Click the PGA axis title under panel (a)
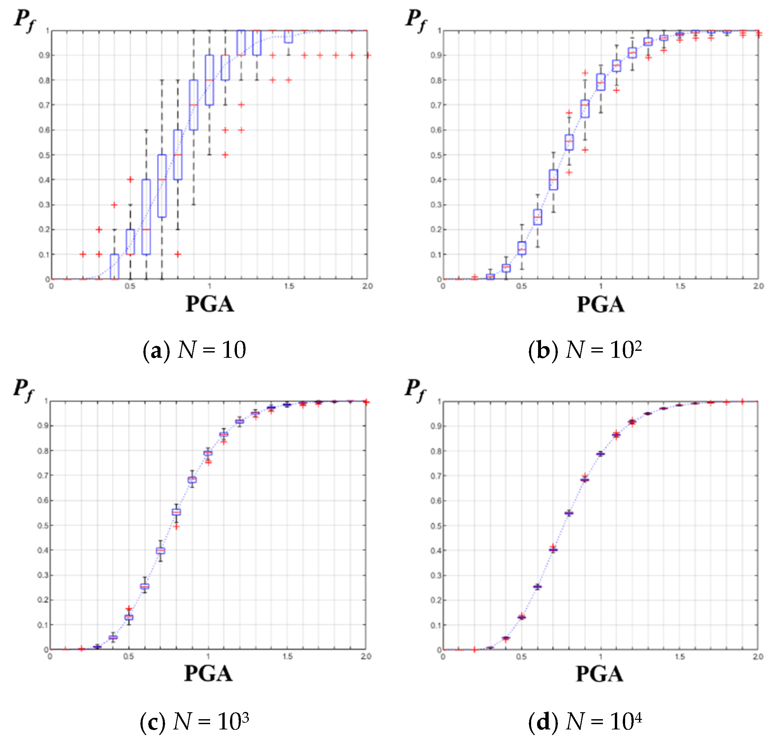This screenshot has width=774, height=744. pyautogui.click(x=210, y=304)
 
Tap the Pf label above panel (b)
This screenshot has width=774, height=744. pyautogui.click(x=416, y=20)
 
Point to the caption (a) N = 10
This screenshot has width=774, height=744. pyautogui.click(x=194, y=350)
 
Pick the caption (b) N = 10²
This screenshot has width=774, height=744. pyautogui.click(x=585, y=350)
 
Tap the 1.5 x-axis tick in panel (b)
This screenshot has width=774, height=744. pyautogui.click(x=680, y=286)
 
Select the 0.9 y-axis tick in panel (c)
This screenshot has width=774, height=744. pyautogui.click(x=43, y=426)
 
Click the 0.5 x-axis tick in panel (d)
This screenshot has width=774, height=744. pyautogui.click(x=521, y=656)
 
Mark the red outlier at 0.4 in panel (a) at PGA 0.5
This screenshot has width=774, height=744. pyautogui.click(x=130, y=180)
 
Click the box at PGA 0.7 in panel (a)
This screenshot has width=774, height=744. pyautogui.click(x=162, y=186)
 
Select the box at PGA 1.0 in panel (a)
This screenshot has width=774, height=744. pyautogui.click(x=209, y=80)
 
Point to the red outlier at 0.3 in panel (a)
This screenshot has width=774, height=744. pyautogui.click(x=114, y=205)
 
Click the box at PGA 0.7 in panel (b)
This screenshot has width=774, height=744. pyautogui.click(x=553, y=180)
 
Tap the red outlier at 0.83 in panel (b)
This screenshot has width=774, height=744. pyautogui.click(x=585, y=73)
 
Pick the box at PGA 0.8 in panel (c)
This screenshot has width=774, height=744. pyautogui.click(x=176, y=512)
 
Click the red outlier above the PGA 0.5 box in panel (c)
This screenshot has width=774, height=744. pyautogui.click(x=129, y=609)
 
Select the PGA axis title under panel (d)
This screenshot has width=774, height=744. pyautogui.click(x=600, y=674)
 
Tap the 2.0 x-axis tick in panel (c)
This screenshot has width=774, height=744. pyautogui.click(x=366, y=656)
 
